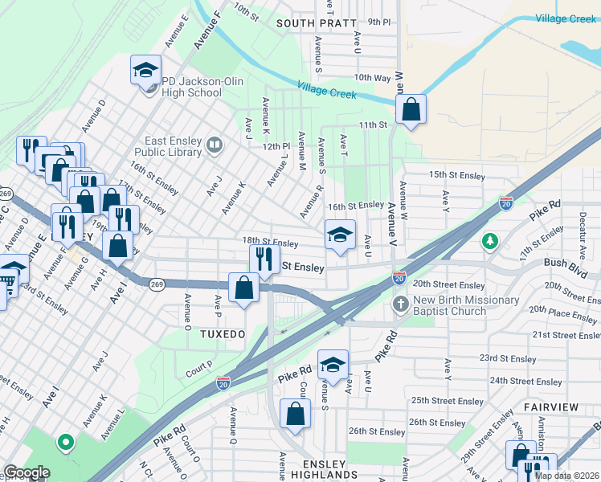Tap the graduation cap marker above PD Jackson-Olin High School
click(146, 71)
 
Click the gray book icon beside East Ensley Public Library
click(215, 145)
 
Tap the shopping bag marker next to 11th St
click(411, 112)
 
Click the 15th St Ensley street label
click(457, 175)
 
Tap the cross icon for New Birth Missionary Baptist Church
click(401, 304)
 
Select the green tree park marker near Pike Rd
click(490, 241)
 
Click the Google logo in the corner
click(27, 472)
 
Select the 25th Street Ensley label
click(448, 401)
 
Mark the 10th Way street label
click(372, 78)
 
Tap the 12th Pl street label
click(274, 146)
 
